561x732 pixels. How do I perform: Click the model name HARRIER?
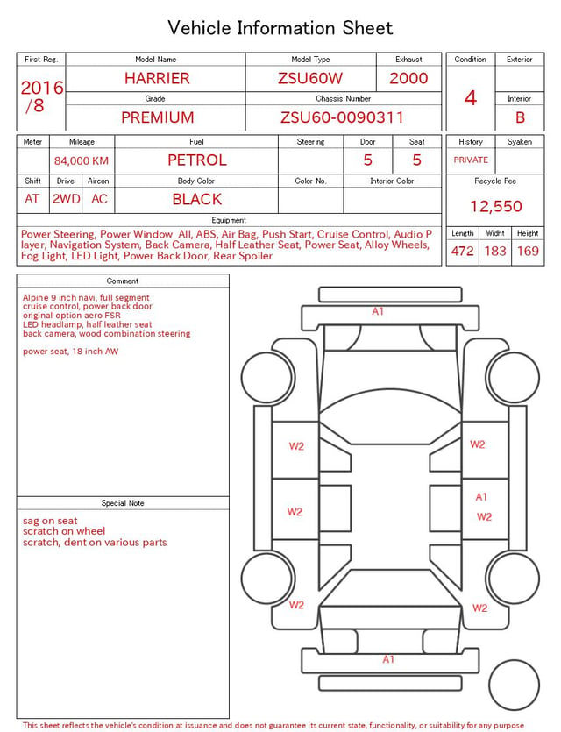tap(157, 78)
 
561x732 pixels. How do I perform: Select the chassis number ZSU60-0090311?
tap(342, 117)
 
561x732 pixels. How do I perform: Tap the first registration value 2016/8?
tap(41, 96)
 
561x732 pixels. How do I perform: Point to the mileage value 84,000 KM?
tap(82, 161)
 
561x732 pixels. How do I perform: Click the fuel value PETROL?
tap(197, 160)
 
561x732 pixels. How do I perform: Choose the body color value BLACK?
tap(197, 199)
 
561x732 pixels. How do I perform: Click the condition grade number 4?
tap(471, 98)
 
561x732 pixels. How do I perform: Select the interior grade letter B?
tap(520, 117)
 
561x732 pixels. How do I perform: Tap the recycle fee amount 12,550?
tap(495, 206)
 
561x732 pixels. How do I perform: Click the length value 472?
tap(463, 251)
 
